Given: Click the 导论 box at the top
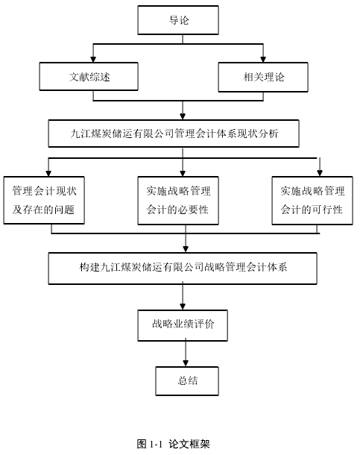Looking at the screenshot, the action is tap(178, 20).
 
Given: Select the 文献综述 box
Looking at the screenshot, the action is tap(89, 76).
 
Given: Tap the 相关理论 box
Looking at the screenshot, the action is tap(263, 77).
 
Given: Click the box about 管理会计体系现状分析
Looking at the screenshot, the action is tap(174, 134).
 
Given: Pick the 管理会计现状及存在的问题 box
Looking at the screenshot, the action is tap(44, 200).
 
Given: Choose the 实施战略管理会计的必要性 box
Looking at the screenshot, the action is tap(178, 200).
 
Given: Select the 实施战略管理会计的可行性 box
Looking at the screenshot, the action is tap(312, 200).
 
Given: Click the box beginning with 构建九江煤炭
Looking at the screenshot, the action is tap(183, 268).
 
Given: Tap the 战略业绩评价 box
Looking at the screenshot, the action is tap(183, 325).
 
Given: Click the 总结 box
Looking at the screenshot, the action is tap(187, 380).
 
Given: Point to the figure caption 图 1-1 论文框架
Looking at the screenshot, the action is tap(174, 444).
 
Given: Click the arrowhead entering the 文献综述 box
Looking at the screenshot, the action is tap(93, 59).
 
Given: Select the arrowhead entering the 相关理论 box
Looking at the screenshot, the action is tap(263, 59).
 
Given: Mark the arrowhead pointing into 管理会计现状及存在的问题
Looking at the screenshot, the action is tap(48, 173).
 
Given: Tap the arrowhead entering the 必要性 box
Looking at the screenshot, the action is tap(183, 173).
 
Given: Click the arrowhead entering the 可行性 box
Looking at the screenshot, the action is tap(320, 173).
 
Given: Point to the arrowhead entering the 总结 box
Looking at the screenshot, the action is tap(186, 363).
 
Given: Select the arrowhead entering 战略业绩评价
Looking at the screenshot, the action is tap(183, 307).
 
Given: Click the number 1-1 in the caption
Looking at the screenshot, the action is tap(155, 444).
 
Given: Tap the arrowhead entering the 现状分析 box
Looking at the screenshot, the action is tap(183, 116).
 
